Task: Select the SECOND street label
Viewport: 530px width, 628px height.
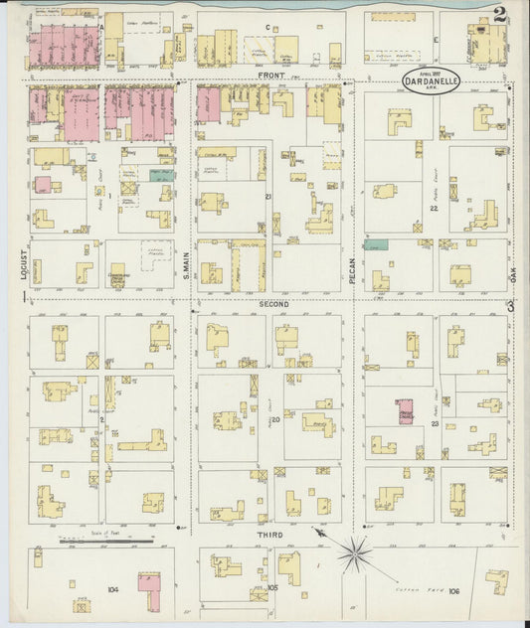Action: (273, 303)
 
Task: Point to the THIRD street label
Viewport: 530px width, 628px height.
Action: (270, 535)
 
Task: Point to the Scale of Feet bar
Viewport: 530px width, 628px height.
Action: (105, 542)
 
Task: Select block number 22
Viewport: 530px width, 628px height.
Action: (434, 208)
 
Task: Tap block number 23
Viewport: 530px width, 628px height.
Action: (436, 424)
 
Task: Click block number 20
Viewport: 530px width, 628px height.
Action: (275, 420)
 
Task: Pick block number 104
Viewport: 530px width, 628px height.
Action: (112, 589)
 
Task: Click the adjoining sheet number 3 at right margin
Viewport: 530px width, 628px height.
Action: (510, 306)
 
